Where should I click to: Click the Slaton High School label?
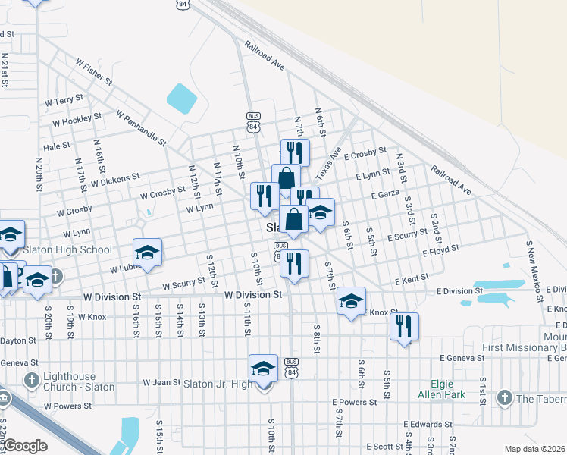click(x=67, y=249)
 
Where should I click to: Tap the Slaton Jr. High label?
click(x=218, y=384)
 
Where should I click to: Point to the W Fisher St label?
click(x=92, y=70)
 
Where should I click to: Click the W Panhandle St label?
click(x=140, y=127)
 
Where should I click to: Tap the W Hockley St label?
click(x=77, y=121)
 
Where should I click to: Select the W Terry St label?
click(x=64, y=100)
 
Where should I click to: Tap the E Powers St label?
click(x=354, y=403)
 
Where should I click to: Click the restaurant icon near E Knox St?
click(x=404, y=327)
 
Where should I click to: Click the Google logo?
click(x=25, y=446)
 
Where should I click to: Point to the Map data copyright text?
click(x=535, y=449)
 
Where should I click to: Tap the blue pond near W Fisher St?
click(x=181, y=96)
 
